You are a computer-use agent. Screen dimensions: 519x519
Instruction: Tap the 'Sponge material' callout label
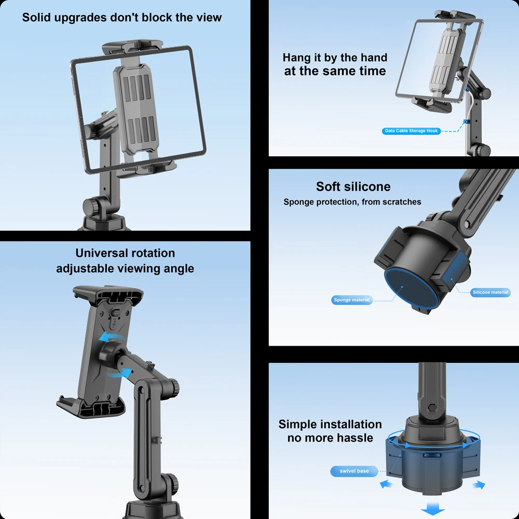pos(352,300)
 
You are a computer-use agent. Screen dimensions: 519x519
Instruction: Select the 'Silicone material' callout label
pos(490,292)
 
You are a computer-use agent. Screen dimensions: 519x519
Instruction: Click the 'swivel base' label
pos(354,471)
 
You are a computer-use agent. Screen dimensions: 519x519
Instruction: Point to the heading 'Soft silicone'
pos(353,187)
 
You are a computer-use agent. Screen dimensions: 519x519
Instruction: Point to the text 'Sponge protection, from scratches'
pos(352,202)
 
